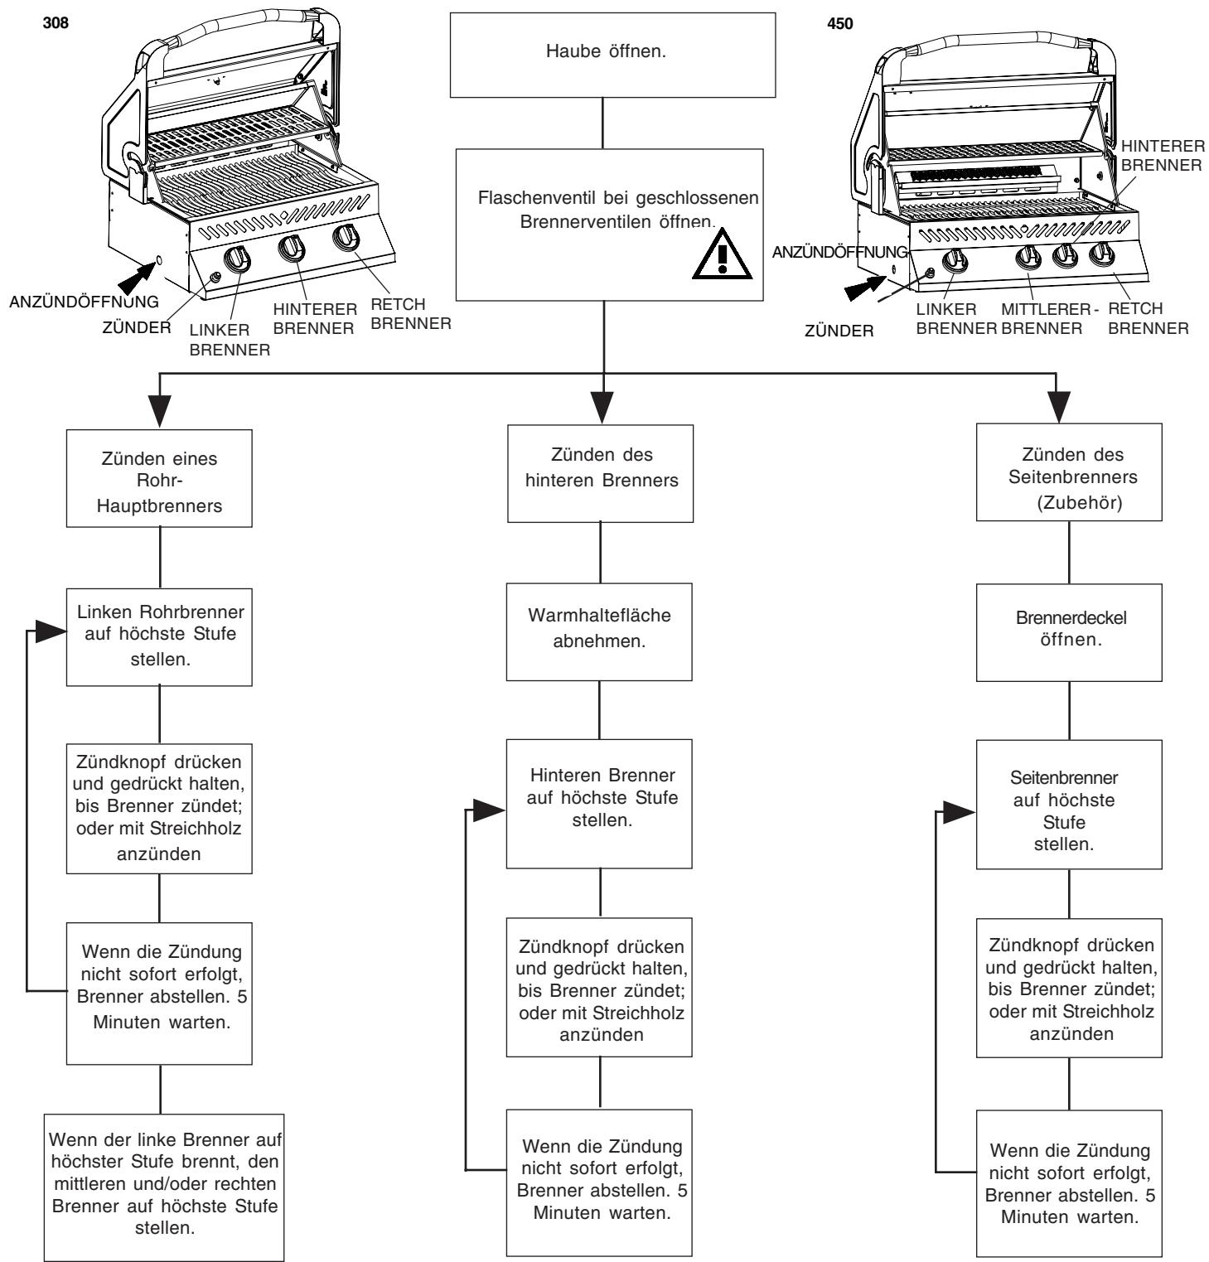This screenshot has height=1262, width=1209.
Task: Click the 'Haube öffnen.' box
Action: tap(602, 56)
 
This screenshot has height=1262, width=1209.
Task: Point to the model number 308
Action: tap(40, 22)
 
